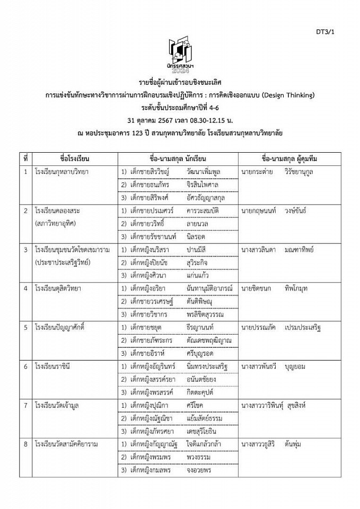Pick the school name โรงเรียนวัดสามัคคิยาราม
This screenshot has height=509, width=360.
coord(67,443)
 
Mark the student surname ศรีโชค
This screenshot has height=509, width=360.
coord(195,405)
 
